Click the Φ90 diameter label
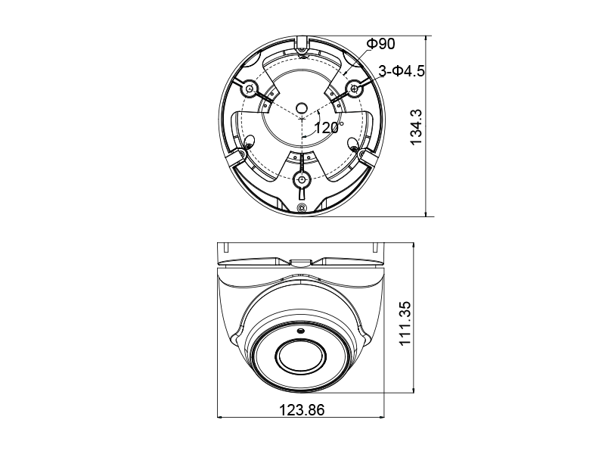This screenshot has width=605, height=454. (380, 44)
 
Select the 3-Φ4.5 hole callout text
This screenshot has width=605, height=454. (402, 71)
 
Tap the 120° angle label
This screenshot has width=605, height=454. (329, 127)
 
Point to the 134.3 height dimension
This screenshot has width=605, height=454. (417, 126)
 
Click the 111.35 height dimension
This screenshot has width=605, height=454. (405, 324)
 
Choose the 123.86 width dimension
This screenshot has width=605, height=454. (302, 410)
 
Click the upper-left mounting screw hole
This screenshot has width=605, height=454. (249, 89)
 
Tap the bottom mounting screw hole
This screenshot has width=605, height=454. (301, 179)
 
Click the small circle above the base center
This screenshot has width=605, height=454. (301, 107)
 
